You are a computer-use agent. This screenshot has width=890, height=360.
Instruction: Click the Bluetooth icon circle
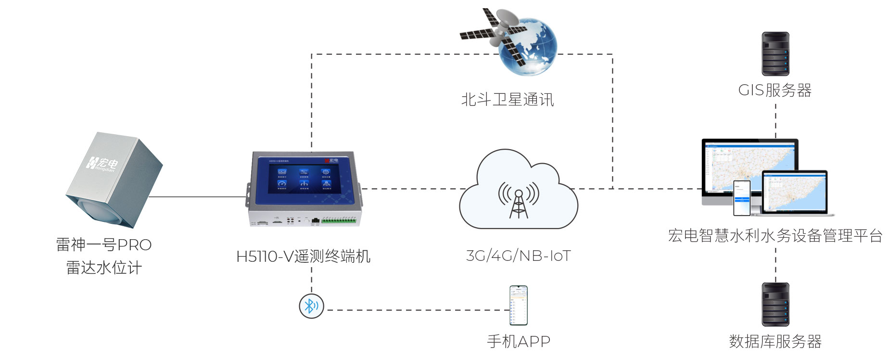pyautogui.click(x=311, y=306)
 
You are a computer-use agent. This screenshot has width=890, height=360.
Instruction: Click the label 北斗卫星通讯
pyautogui.click(x=508, y=100)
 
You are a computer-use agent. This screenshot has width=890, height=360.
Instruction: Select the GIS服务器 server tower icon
pyautogui.click(x=775, y=54)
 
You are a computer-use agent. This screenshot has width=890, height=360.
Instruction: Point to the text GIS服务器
pyautogui.click(x=775, y=90)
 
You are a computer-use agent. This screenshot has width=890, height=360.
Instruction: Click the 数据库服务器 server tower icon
pyautogui.click(x=775, y=304)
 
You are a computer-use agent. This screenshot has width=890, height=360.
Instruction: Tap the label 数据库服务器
pyautogui.click(x=775, y=341)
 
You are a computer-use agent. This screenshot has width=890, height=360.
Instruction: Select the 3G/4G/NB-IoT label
pyautogui.click(x=518, y=256)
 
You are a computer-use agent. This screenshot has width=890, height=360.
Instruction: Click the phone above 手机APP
pyautogui.click(x=519, y=306)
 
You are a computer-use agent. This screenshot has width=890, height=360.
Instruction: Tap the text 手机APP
pyautogui.click(x=518, y=341)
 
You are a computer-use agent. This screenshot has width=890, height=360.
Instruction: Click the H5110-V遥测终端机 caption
pyautogui.click(x=303, y=256)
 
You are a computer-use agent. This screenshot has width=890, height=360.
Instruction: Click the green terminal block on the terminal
pyautogui.click(x=339, y=221)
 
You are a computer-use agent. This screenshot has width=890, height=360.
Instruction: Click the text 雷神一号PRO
pyautogui.click(x=104, y=244)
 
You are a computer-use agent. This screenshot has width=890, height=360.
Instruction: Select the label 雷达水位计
pyautogui.click(x=104, y=268)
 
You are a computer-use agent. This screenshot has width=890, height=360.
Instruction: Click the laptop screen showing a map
pyautogui.click(x=794, y=192)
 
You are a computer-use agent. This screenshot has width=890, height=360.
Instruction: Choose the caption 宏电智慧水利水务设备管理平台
pyautogui.click(x=775, y=235)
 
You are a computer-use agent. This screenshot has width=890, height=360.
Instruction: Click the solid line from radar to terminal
pyautogui.click(x=197, y=197)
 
